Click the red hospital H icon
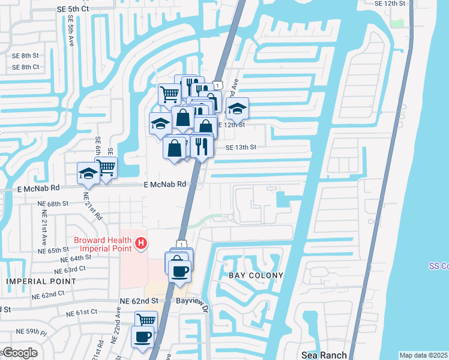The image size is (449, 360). pyautogui.click(x=141, y=244)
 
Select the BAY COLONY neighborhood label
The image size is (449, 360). pyautogui.click(x=255, y=275)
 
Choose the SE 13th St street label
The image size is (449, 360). pyautogui.click(x=241, y=147)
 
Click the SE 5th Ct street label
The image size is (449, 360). pyautogui.click(x=74, y=9)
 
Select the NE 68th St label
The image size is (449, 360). pyautogui.click(x=53, y=204)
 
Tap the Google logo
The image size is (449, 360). pyautogui.click(x=19, y=353)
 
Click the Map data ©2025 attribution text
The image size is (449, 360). pyautogui.click(x=423, y=355)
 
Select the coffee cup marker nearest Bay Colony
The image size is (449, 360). pyautogui.click(x=179, y=271)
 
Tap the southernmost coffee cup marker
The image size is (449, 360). pyautogui.click(x=143, y=336)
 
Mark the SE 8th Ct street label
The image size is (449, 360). pyautogui.click(x=26, y=67)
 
